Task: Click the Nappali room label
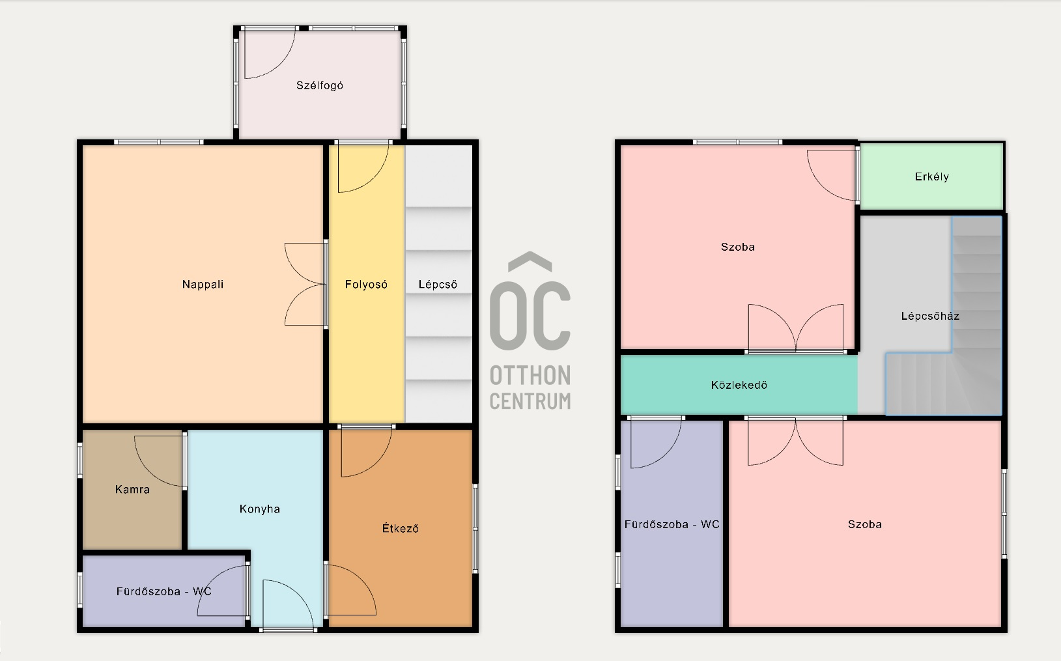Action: point(203,284)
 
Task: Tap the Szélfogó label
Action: point(320,86)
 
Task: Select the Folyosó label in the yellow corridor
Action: point(366,285)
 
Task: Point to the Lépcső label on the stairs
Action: point(438,285)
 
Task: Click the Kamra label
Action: point(133,489)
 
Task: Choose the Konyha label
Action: point(260,509)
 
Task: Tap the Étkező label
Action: point(401,528)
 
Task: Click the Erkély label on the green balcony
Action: point(931,176)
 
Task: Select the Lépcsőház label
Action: point(930,316)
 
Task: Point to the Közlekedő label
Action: point(739,385)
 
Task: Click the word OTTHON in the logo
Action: point(530,376)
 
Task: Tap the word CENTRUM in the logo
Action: point(530,401)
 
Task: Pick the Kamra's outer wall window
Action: point(81,460)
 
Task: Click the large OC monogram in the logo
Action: point(530,301)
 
